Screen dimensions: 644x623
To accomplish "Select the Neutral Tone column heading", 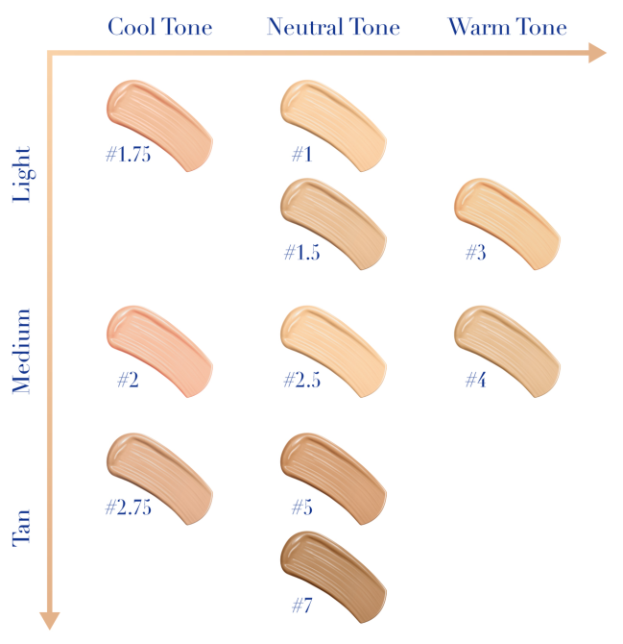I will pos(332,26).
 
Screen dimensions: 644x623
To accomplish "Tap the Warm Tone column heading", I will pos(507,26).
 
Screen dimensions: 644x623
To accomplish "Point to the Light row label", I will pos(22,174).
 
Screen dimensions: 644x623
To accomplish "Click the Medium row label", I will pos(22,351).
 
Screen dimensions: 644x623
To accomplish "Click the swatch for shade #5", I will pos(333,475).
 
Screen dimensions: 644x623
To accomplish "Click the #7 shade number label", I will pos(304,607).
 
